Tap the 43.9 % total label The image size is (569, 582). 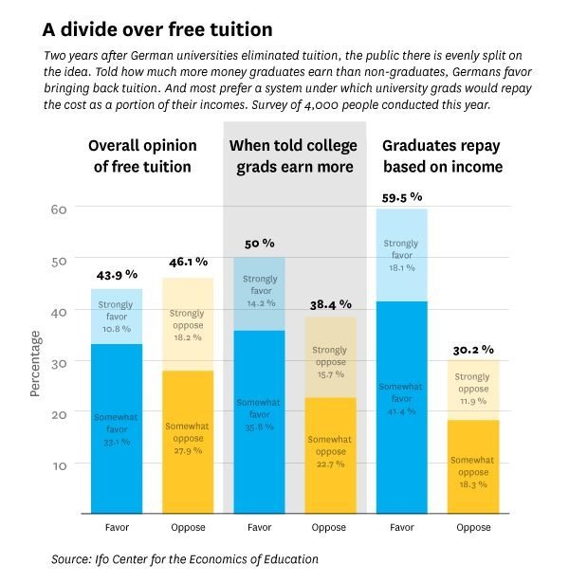pos(116,275)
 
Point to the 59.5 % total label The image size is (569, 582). pos(402,196)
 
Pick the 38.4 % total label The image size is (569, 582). pos(330,304)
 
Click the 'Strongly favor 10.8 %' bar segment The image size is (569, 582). pos(116,317)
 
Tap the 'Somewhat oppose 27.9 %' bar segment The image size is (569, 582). pos(187,442)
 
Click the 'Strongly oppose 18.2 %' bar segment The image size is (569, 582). pos(187,323)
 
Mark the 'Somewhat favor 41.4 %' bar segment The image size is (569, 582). pos(402,408)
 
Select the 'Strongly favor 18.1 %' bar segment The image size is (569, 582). pos(402,255)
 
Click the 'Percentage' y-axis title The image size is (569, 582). pos(36,363)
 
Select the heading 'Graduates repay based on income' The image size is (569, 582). pos(442,156)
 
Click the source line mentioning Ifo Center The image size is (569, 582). pos(185,559)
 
